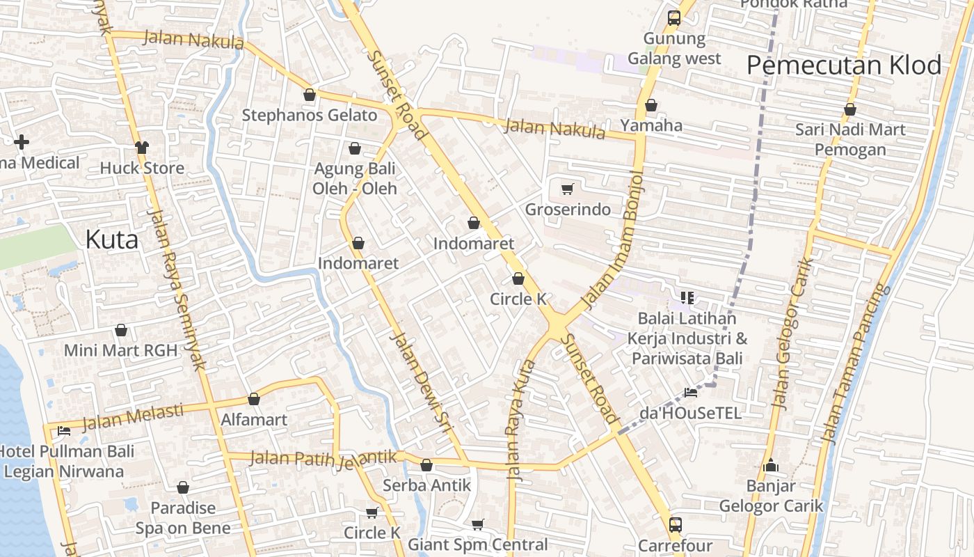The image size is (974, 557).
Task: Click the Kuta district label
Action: click(111, 240)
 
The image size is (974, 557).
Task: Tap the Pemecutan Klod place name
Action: click(843, 65)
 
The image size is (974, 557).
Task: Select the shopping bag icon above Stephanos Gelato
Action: click(310, 95)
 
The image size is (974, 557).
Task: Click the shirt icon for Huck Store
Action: click(142, 147)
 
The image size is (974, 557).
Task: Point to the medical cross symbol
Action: click(22, 142)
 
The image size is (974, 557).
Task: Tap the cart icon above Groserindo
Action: click(568, 189)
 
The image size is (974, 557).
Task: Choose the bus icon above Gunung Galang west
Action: click(673, 18)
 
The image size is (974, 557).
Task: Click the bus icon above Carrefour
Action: click(675, 524)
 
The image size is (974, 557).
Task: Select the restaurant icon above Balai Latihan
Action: click(687, 298)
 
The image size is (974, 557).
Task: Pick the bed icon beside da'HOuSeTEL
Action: click(690, 393)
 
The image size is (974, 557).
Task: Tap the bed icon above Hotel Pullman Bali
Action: click(64, 430)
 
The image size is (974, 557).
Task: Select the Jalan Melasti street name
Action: click(133, 416)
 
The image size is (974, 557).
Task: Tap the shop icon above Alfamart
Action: click(254, 400)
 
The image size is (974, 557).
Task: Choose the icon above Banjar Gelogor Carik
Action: click(770, 465)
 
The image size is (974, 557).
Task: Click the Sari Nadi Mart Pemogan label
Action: click(850, 139)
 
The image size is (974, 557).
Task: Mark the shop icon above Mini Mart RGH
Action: click(121, 330)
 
